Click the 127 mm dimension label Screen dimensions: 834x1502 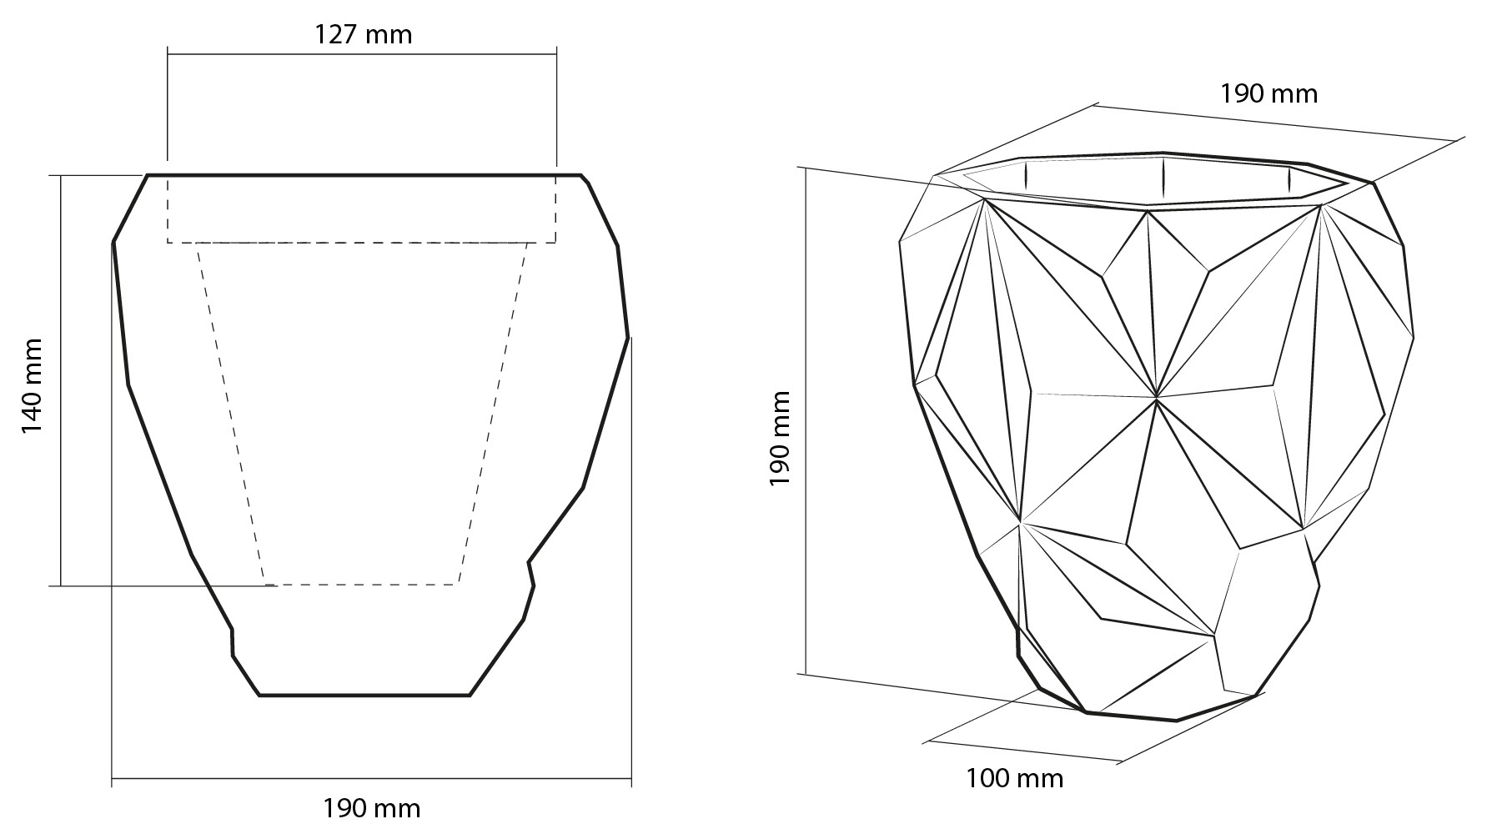363,34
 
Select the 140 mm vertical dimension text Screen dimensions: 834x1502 32,385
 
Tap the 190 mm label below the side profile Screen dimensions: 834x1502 371,808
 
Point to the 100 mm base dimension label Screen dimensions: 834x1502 1014,779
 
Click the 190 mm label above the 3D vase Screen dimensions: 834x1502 1268,93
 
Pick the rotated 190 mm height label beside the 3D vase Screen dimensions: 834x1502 780,439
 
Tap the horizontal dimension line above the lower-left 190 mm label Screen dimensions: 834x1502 371,779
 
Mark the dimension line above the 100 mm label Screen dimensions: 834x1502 1022,751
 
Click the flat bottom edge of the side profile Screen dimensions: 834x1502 364,695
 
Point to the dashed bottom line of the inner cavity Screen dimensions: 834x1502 361,584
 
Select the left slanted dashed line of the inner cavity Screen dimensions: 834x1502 231,414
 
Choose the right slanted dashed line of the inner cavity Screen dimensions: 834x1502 493,414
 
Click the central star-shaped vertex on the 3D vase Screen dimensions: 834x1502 1157,398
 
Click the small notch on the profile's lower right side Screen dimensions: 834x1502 530,572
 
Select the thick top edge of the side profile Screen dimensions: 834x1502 364,175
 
